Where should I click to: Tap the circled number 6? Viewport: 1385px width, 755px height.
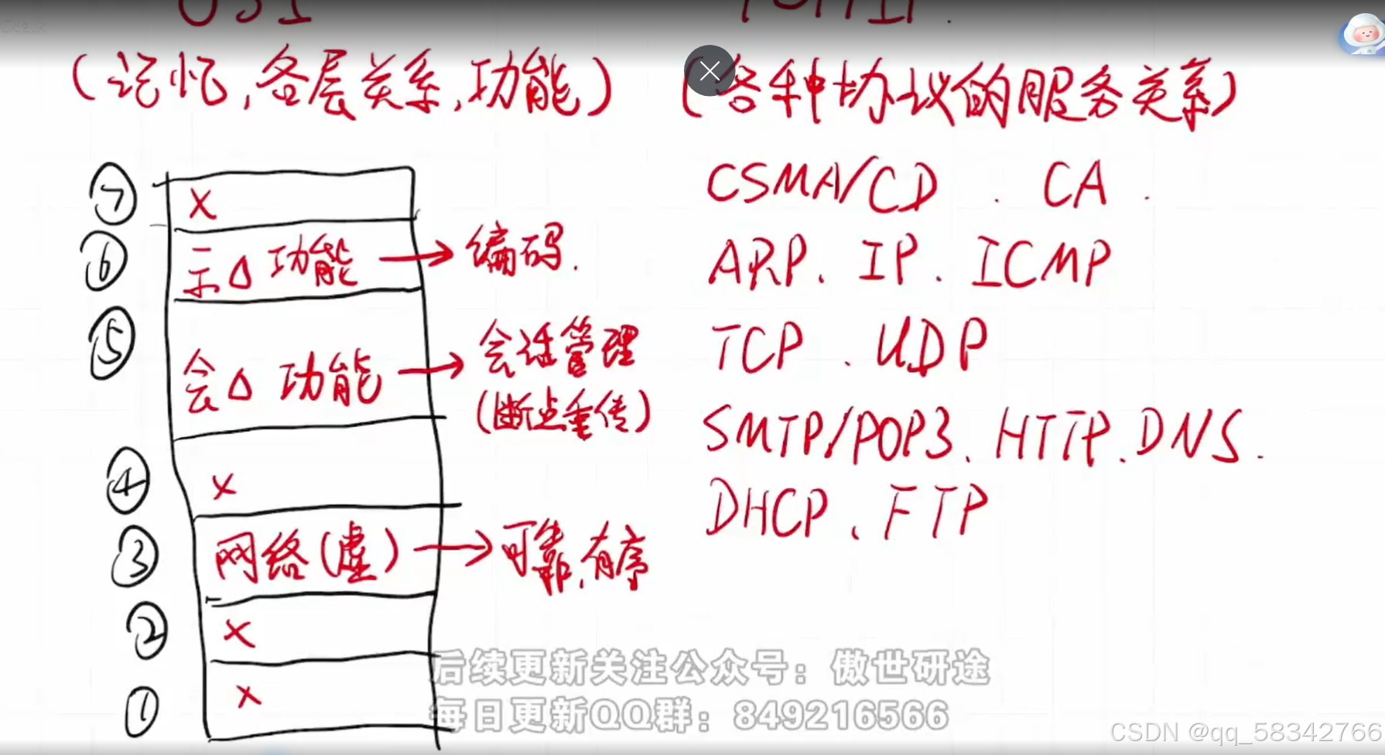(104, 262)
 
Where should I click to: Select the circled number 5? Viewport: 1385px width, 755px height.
(111, 345)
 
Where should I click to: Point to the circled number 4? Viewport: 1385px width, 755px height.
(128, 481)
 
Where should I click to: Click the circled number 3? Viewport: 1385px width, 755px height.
(135, 559)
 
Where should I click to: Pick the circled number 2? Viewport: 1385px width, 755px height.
(147, 630)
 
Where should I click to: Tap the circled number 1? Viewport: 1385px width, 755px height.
(142, 711)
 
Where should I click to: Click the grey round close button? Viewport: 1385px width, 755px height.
(710, 71)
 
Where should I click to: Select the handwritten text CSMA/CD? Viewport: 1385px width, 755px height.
(822, 185)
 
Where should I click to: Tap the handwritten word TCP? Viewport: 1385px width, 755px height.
(757, 347)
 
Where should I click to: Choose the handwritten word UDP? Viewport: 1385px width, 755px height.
(932, 346)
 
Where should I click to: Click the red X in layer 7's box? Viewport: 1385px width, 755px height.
(202, 204)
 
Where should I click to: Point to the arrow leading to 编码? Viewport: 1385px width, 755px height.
(415, 255)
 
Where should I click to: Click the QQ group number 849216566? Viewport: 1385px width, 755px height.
(840, 716)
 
